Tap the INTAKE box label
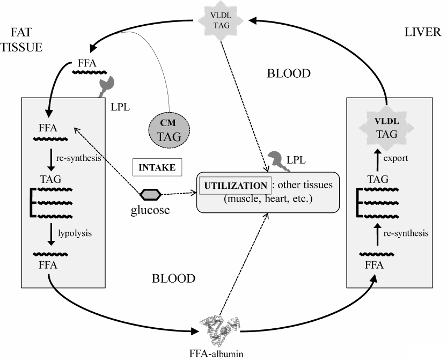click(157, 167)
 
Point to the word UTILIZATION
click(234, 186)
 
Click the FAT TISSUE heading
click(21, 40)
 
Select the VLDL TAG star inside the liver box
click(386, 129)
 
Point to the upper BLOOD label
click(289, 73)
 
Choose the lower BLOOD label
click(173, 279)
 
